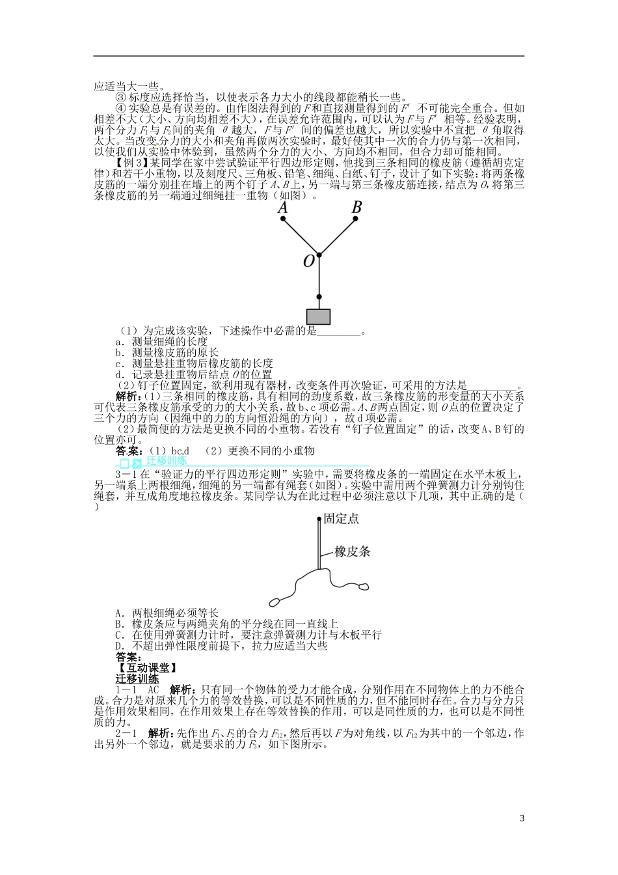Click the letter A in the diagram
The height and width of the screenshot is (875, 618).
282,207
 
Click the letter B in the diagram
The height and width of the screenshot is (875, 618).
356,207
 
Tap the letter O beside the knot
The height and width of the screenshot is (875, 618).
308,261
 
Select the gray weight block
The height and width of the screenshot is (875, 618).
319,316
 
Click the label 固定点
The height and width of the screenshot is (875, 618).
341,518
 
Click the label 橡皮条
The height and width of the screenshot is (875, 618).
353,551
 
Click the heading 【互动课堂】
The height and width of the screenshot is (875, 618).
146,668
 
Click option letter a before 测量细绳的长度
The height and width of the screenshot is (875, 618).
119,341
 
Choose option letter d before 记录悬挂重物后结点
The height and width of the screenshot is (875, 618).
119,374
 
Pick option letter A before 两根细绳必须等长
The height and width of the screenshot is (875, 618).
119,613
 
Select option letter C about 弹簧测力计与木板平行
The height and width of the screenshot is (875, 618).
119,635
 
